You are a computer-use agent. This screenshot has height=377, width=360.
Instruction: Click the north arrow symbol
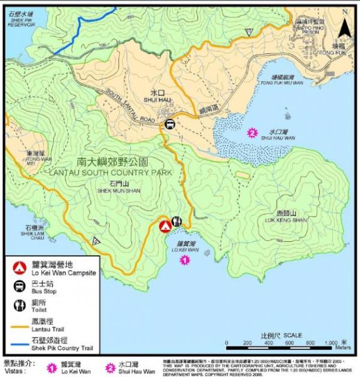point(344,28)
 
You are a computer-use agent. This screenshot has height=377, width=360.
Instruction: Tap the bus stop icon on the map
point(170,124)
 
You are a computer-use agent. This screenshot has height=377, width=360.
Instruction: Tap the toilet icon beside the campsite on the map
point(177,222)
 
